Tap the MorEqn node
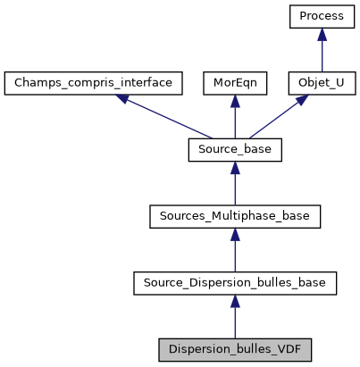[235, 83]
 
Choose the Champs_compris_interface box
[94, 83]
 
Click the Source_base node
[235, 150]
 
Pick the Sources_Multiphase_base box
[235, 217]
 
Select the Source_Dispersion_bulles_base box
[235, 283]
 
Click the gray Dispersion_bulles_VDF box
[235, 349]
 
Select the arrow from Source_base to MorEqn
[235, 117]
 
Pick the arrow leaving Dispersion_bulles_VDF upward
[235, 317]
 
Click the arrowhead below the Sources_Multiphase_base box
[235, 235]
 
